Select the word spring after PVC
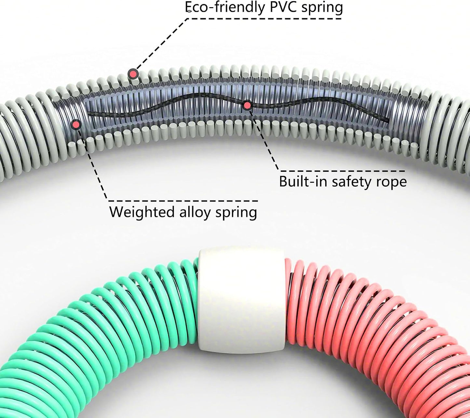pyautogui.click(x=322, y=8)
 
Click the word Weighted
pyautogui.click(x=142, y=212)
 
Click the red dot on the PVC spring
pyautogui.click(x=133, y=74)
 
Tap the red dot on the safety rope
pyautogui.click(x=247, y=106)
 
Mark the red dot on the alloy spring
pyautogui.click(x=76, y=125)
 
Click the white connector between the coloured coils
pyautogui.click(x=242, y=301)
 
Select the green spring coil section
pyautogui.click(x=98, y=325)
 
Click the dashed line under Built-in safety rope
pyautogui.click(x=342, y=171)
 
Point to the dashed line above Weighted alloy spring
pyautogui.click(x=183, y=201)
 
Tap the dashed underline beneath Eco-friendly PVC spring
pyautogui.click(x=264, y=18)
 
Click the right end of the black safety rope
pyautogui.click(x=388, y=120)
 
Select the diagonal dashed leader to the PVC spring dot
pyautogui.click(x=162, y=44)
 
